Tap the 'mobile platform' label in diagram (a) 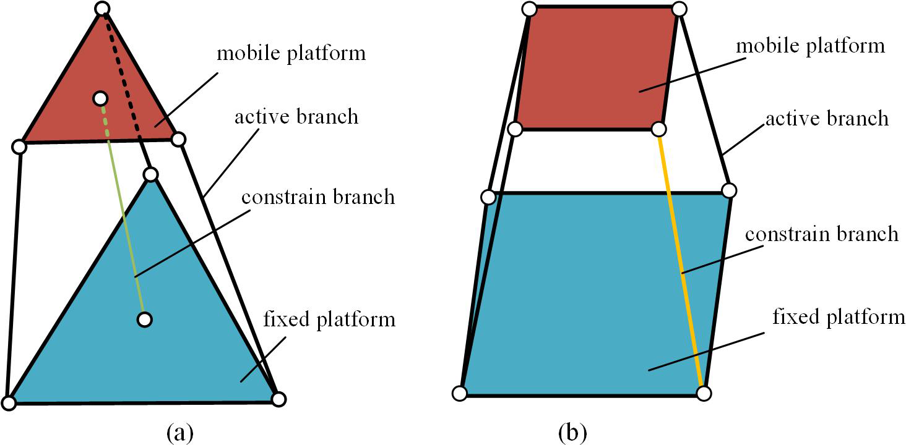(x=291, y=53)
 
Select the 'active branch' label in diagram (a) (x=296, y=116)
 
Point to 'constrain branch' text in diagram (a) (x=317, y=197)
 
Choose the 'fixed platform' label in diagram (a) (x=329, y=320)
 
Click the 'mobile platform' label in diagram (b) (x=811, y=46)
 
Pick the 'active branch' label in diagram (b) (x=827, y=118)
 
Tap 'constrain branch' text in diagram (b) (x=821, y=234)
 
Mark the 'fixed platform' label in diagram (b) (x=839, y=318)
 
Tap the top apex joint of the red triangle (x=103, y=9)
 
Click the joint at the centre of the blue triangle (x=144, y=320)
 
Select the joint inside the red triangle (x=99, y=98)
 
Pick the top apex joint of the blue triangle (x=150, y=174)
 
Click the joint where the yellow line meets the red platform (x=659, y=129)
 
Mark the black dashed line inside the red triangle (x=124, y=74)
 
